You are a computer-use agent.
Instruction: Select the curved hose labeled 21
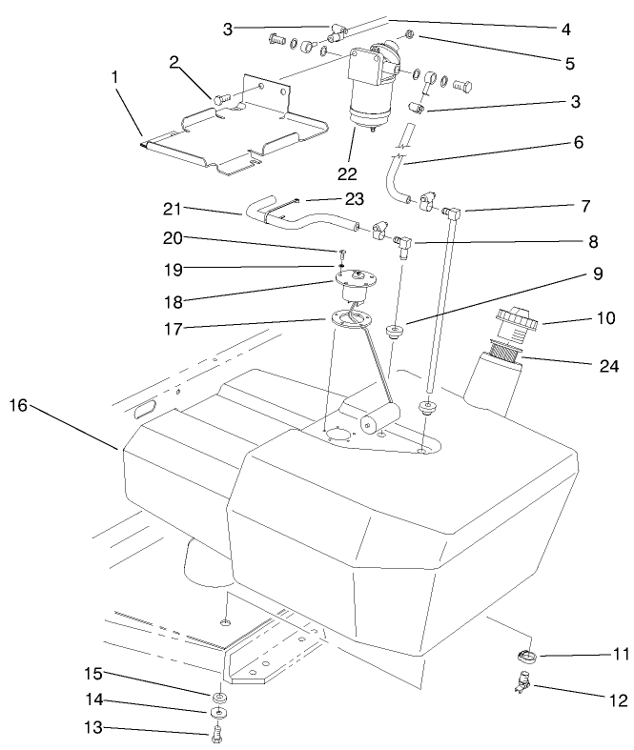coord(296,219)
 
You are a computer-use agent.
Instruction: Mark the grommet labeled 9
coord(392,331)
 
